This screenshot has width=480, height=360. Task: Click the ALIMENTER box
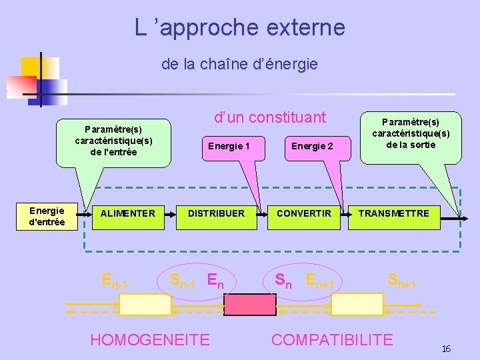coord(127,214)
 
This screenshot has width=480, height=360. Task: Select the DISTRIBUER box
coord(216,214)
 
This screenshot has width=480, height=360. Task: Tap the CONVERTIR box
coord(303,214)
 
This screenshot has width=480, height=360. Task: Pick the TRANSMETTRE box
coord(393,214)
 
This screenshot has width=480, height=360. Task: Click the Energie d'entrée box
coord(47,217)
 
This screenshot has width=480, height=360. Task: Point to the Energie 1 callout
coord(229,146)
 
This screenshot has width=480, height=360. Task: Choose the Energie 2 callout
coord(312,146)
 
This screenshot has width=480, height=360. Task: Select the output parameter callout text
coord(411,133)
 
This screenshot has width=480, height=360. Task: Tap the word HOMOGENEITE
coord(149,340)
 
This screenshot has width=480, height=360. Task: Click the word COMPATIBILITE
coord(332,340)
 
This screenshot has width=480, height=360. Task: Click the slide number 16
coord(446,349)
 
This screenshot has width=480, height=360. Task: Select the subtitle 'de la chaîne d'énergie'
coord(239,65)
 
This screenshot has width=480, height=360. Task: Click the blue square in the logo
coord(52,89)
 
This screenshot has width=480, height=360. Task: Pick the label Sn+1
coord(401,281)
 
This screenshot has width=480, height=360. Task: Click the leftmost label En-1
coord(115,281)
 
